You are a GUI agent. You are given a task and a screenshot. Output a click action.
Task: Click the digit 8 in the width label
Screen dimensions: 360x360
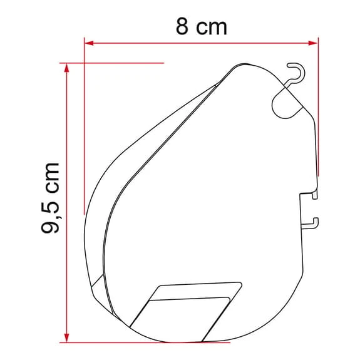(180, 27)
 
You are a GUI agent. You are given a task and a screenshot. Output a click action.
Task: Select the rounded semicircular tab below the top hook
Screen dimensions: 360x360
(285, 103)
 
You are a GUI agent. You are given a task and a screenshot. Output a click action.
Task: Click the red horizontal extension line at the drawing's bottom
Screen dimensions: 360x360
(144, 342)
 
